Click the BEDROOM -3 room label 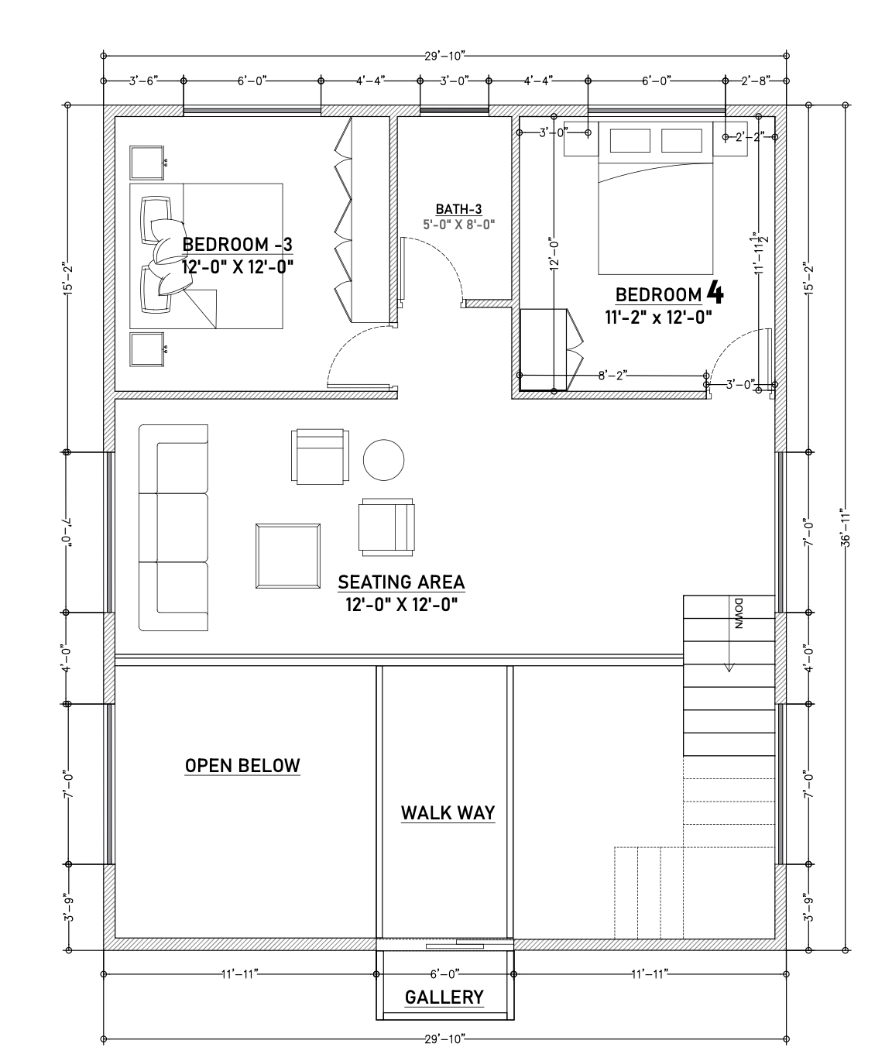237,245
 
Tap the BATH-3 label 458,209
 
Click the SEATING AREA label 401,582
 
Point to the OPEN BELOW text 242,766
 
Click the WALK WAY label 448,813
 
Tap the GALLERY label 444,997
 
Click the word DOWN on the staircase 739,613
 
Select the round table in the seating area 383,460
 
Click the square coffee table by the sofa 288,556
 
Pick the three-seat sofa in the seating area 173,527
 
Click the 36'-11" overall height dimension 846,527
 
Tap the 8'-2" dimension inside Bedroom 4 612,376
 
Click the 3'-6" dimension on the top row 144,81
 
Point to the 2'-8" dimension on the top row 756,81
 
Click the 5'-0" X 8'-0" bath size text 458,225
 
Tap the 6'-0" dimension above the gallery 445,974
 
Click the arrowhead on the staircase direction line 729,668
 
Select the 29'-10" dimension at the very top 445,56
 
